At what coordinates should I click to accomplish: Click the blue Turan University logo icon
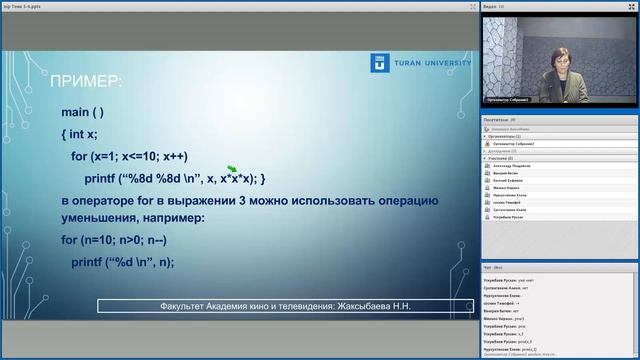(x=379, y=63)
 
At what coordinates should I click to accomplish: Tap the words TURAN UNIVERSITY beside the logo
(x=429, y=63)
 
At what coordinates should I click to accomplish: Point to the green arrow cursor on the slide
(x=232, y=171)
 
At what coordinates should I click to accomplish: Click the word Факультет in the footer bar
(x=187, y=305)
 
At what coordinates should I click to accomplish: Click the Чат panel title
(x=487, y=269)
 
